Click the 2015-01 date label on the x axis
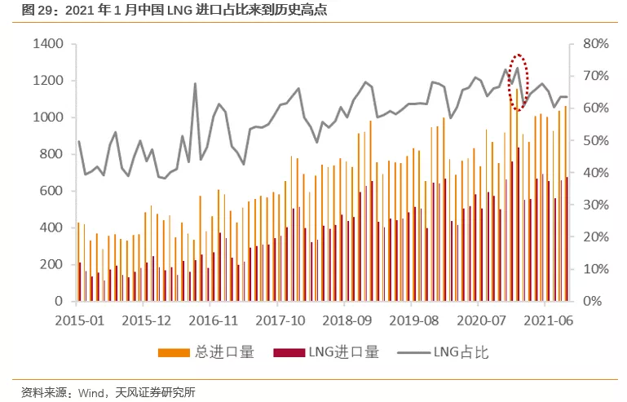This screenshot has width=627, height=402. click(79, 320)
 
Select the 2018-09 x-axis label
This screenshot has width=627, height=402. click(345, 320)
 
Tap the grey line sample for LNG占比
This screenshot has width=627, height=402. click(413, 352)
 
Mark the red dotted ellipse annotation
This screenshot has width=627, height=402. click(518, 82)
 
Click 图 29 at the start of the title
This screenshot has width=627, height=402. click(33, 10)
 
